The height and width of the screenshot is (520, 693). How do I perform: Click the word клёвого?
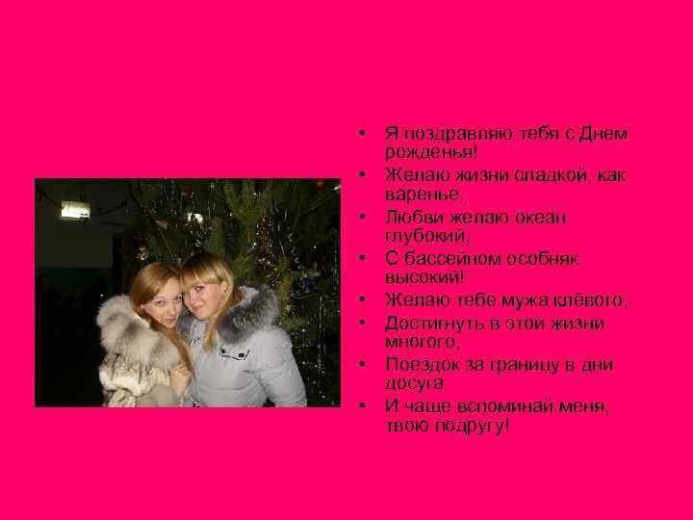pyautogui.click(x=590, y=301)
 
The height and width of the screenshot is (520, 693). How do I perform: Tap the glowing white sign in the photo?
pyautogui.click(x=74, y=209)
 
